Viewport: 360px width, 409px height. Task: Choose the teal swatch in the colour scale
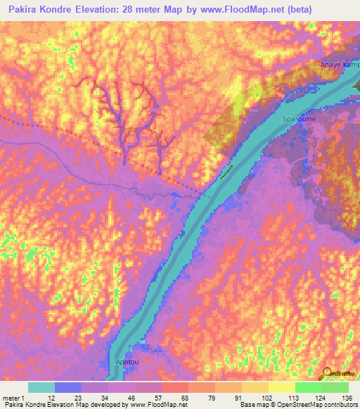pyautogui.click(x=41, y=387)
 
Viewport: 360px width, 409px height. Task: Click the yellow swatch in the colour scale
pyautogui.click(x=281, y=387)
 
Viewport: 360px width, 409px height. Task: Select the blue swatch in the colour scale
pyautogui.click(x=68, y=387)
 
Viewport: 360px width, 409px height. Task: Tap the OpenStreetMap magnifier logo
pyautogui.click(x=327, y=374)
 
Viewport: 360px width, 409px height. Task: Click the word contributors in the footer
pyautogui.click(x=337, y=404)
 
